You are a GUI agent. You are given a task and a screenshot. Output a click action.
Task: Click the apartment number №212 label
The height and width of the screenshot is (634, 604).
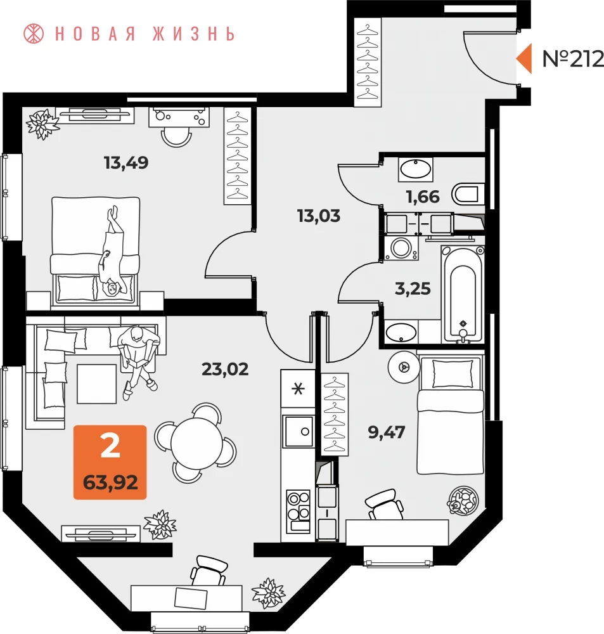point(573,59)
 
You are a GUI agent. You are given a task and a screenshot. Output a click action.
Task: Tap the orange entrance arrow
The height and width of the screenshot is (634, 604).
point(524,58)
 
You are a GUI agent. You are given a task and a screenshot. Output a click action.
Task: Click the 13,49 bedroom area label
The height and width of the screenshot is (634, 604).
point(126,162)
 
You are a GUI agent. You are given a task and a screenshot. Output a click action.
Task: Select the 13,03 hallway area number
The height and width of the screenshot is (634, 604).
point(319,216)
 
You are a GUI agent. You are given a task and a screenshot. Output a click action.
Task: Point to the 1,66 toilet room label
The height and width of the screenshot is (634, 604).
point(423,197)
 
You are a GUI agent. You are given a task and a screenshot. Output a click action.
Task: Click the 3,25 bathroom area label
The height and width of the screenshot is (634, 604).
point(413,288)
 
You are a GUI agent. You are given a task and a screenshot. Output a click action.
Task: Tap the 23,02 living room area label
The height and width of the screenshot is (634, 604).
point(225,369)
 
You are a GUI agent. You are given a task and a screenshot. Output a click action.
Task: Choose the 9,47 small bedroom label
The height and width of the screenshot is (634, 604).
point(386,432)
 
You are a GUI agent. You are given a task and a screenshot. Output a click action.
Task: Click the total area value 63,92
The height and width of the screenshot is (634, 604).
point(110,482)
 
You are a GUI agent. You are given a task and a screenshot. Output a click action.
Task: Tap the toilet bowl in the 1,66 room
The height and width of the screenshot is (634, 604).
point(468,195)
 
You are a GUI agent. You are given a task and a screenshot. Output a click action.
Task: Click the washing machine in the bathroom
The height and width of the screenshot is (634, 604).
point(401,248)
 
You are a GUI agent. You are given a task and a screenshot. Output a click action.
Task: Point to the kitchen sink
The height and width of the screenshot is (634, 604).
point(299,431)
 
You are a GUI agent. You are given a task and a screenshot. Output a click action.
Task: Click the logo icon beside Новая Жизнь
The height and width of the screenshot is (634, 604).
point(34,34)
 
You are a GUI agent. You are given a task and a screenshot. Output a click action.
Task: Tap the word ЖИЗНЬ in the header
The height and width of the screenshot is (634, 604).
point(194,34)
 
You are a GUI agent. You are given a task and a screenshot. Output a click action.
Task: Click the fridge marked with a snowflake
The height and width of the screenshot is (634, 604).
point(298,389)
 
